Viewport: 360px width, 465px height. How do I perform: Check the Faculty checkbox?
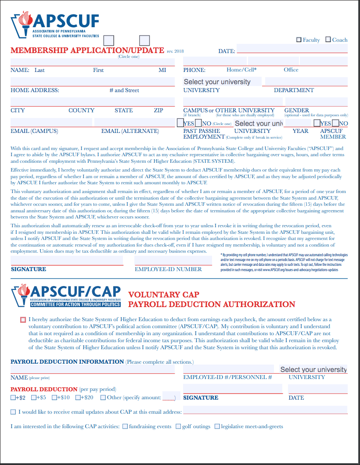[x=299, y=40]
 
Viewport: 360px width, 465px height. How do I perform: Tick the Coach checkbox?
[x=328, y=40]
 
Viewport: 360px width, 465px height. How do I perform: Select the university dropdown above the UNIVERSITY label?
[x=222, y=82]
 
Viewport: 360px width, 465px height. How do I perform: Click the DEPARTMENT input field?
[x=306, y=82]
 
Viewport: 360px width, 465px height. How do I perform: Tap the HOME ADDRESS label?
[x=35, y=90]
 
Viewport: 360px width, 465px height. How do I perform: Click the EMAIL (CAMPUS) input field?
[x=51, y=122]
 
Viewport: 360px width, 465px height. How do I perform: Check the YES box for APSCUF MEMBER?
[x=323, y=123]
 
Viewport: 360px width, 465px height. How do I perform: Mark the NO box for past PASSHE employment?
[x=198, y=123]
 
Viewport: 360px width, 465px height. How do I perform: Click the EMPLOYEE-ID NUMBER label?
[x=168, y=269]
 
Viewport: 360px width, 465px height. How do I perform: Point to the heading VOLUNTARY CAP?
[x=163, y=295]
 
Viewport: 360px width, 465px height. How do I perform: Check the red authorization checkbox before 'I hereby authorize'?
[x=23, y=320]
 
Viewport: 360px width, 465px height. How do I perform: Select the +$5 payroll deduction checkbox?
[x=34, y=398]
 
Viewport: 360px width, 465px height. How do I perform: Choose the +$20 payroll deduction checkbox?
[x=78, y=398]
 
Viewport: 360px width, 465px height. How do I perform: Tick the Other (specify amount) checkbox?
[x=103, y=398]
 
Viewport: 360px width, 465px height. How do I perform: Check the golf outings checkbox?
[x=178, y=426]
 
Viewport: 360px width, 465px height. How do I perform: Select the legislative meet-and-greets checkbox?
[x=217, y=426]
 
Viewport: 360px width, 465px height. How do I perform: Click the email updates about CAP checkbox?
[x=13, y=412]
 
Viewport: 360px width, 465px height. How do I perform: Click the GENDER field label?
[x=297, y=111]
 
